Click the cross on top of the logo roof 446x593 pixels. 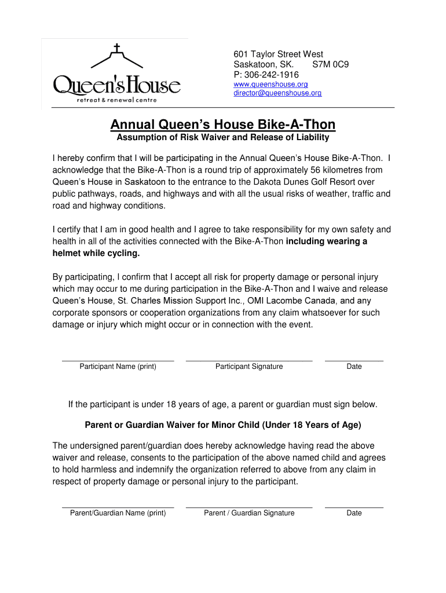click(x=117, y=48)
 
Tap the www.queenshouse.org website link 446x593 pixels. click(x=270, y=85)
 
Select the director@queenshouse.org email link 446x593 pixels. click(x=277, y=93)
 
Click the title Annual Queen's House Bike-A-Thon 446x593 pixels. click(x=223, y=125)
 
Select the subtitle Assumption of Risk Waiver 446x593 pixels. click(x=223, y=138)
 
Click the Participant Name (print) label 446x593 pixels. click(x=118, y=367)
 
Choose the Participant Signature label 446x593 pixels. click(x=249, y=367)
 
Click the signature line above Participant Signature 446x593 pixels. click(x=249, y=361)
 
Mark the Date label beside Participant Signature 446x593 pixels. click(x=354, y=367)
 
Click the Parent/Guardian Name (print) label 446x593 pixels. click(x=118, y=513)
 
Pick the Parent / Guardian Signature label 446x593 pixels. click(x=249, y=513)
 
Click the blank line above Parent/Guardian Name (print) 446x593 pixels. click(x=118, y=507)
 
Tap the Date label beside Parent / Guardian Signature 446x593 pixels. click(x=354, y=513)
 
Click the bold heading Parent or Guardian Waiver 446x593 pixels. click(x=223, y=425)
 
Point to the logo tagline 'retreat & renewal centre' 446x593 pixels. click(x=117, y=100)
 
